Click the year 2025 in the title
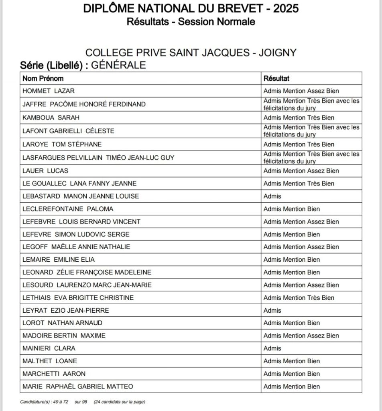pyautogui.click(x=286, y=8)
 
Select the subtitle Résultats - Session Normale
pyautogui.click(x=191, y=21)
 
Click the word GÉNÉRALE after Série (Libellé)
pyautogui.click(x=118, y=65)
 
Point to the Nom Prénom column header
pyautogui.click(x=43, y=78)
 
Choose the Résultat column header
pyautogui.click(x=276, y=78)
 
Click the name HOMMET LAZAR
pyautogui.click(x=49, y=91)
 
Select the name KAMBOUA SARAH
pyautogui.click(x=51, y=118)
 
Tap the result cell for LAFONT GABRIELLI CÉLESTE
pyautogui.click(x=311, y=131)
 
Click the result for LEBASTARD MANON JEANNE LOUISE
pyautogui.click(x=272, y=196)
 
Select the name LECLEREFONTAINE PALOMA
pyautogui.click(x=68, y=209)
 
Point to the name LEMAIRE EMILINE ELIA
pyautogui.click(x=59, y=259)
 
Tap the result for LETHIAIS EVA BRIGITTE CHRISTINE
pyautogui.click(x=299, y=298)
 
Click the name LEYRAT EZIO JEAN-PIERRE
pyautogui.click(x=66, y=310)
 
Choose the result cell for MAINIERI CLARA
pyautogui.click(x=272, y=348)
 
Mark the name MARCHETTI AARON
pyautogui.click(x=54, y=374)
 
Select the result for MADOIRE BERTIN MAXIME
pyautogui.click(x=301, y=336)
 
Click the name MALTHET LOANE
pyautogui.click(x=50, y=361)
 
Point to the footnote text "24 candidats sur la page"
pyautogui.click(x=120, y=402)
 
